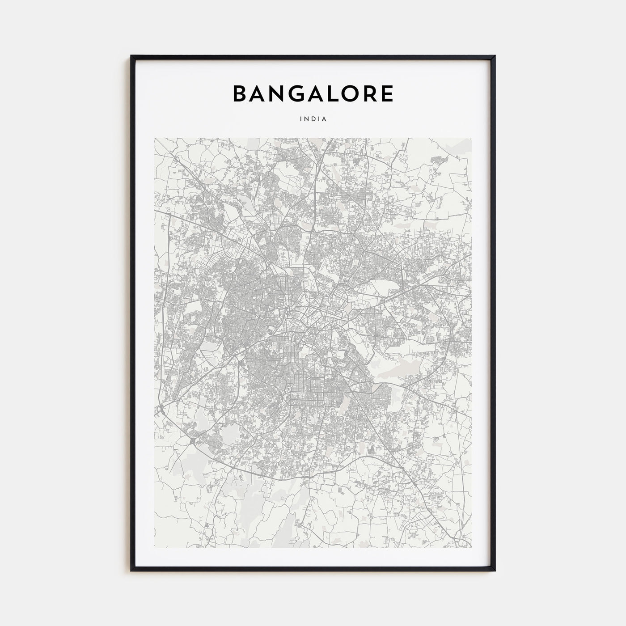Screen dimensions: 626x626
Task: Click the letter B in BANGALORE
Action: [240, 93]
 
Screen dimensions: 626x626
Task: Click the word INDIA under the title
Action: [313, 119]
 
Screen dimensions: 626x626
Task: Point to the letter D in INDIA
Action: [313, 119]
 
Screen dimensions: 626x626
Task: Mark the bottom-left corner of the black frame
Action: [131, 571]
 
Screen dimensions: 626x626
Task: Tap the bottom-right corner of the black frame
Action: [495, 571]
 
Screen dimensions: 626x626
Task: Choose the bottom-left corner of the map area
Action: [154, 548]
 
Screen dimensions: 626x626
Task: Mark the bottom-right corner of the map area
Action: [471, 548]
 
